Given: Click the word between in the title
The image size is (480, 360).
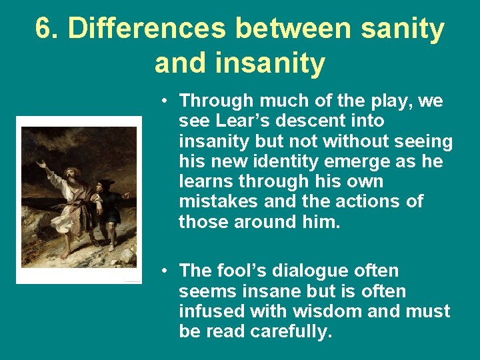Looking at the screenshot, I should [292, 29].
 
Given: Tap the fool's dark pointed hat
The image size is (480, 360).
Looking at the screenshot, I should [107, 183].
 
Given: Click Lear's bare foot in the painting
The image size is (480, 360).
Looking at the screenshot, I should [65, 254].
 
